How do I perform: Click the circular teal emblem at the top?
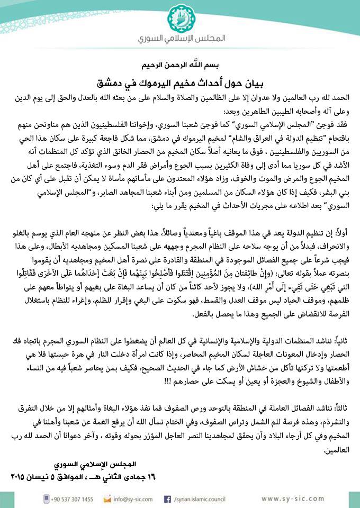coord(181,19)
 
